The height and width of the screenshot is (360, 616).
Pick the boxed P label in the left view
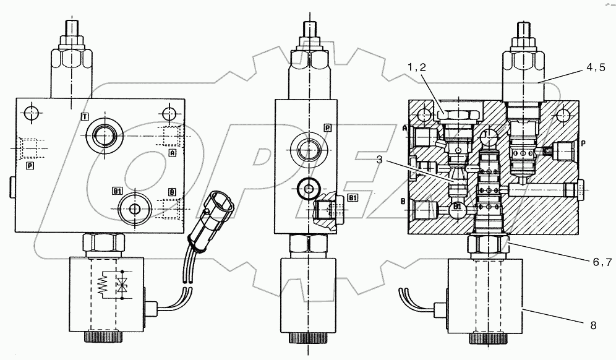(x=29, y=165)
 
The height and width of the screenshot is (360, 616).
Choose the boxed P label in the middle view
(x=327, y=127)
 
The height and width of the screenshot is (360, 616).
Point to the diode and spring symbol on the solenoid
(x=112, y=285)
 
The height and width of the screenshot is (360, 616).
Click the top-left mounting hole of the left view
(x=32, y=113)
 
